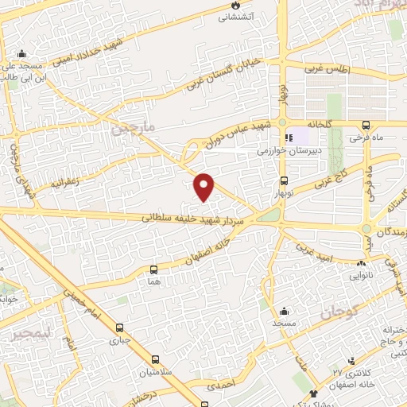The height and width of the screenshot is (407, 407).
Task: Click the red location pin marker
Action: (x=205, y=186)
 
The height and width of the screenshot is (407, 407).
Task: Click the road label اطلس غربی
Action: (x=326, y=69)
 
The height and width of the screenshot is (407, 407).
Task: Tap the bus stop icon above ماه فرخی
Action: (x=366, y=125)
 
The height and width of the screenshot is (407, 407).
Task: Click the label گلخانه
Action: (x=313, y=125)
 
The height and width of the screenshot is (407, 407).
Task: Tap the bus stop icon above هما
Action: (x=153, y=270)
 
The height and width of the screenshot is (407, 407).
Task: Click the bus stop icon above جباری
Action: (x=120, y=328)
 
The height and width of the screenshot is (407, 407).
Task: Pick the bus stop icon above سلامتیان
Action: (x=152, y=361)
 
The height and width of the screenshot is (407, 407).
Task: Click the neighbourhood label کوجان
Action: (x=339, y=313)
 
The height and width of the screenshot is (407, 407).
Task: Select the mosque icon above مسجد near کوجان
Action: (x=284, y=311)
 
